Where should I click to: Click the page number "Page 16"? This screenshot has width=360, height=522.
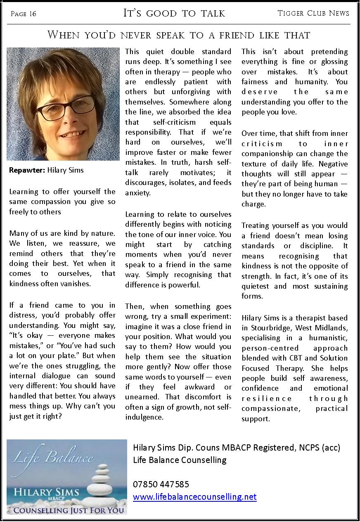[24, 14]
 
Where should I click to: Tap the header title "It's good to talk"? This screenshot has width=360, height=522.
[174, 13]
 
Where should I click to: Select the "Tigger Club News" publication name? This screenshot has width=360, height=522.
[313, 13]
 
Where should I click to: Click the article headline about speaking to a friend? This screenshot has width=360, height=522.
[179, 35]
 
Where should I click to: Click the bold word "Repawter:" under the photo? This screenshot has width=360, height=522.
[27, 170]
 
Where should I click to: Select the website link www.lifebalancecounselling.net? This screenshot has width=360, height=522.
[194, 497]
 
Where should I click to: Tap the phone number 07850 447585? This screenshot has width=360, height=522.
[161, 484]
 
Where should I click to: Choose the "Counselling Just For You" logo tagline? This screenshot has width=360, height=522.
[68, 510]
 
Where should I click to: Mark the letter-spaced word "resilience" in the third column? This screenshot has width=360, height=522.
[267, 399]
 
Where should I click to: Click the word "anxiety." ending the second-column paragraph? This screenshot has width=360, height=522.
[138, 193]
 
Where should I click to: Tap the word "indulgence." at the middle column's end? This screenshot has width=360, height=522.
[144, 417]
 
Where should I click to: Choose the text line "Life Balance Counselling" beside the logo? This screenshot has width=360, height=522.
[180, 460]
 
